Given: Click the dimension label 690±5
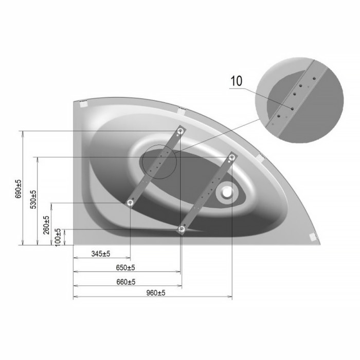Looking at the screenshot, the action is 18,189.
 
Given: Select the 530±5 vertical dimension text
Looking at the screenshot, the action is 33,200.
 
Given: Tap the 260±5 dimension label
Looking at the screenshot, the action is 46,225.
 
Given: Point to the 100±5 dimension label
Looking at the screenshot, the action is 58,238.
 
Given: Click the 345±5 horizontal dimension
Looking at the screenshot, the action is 101,254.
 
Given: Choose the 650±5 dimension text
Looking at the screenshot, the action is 125,268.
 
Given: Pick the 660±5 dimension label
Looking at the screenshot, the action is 126,282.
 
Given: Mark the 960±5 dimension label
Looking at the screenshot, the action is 156,293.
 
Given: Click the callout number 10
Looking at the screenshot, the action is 236,81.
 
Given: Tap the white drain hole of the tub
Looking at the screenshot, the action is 227,192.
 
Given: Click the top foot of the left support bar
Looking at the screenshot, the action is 180,131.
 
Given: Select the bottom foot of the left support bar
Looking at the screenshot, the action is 130,203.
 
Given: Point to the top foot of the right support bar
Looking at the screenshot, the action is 232,157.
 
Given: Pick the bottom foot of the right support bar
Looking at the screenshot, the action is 182,229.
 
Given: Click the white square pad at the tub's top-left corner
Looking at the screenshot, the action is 83,104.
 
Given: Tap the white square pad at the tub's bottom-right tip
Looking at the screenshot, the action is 313,237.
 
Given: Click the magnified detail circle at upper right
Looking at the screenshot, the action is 299,100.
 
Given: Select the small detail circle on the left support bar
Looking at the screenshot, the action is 159,161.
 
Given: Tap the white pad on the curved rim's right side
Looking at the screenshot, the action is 260,158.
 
